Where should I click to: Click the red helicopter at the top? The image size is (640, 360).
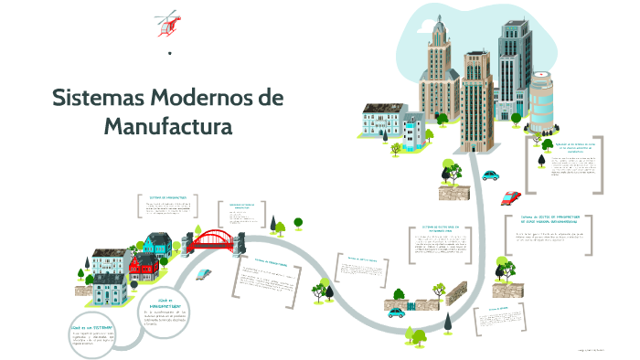coord(166,24)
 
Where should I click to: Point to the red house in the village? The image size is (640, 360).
coord(144,265)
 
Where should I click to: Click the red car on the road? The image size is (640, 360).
coord(511,196)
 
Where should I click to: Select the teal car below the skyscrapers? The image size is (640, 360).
coord(491,175)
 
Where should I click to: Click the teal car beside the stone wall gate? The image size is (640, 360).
coord(396,312)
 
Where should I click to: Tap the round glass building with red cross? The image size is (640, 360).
coord(541,101)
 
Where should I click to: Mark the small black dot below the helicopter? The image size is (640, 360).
coord(170,54)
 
